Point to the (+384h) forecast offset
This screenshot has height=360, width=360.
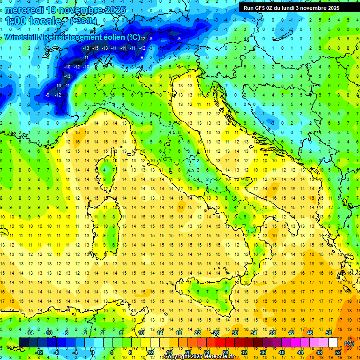(x=83, y=21)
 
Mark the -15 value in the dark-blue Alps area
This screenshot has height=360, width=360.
(x=95, y=48)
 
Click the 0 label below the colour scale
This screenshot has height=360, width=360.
(x=92, y=352)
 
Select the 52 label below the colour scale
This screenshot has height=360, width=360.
(x=338, y=352)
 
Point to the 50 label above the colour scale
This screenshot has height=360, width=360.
(x=329, y=333)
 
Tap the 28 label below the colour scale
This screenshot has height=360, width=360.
(x=225, y=352)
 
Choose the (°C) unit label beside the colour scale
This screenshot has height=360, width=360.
(x=349, y=344)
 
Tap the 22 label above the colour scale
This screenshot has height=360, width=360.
(x=197, y=333)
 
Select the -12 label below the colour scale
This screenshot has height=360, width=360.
(x=39, y=352)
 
